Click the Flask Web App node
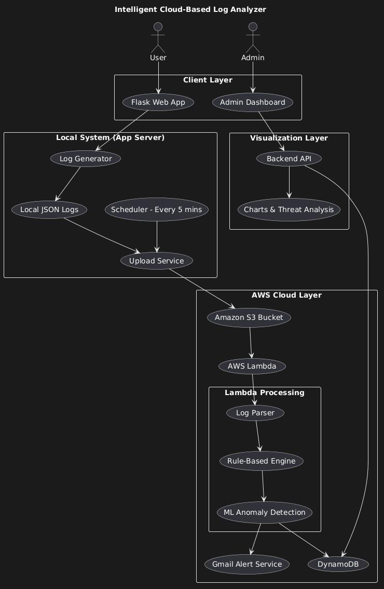(158, 102)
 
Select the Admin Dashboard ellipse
(253, 102)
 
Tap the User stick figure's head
(158, 26)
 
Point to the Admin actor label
(253, 58)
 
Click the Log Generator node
(86, 159)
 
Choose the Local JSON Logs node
(49, 209)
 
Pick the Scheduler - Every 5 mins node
(157, 209)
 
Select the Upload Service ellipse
(157, 261)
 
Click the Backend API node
(289, 159)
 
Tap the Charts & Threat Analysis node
(289, 209)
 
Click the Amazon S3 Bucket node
(249, 317)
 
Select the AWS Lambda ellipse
(252, 366)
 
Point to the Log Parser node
(255, 413)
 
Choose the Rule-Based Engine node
(262, 461)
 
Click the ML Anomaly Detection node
(265, 512)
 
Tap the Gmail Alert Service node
(247, 564)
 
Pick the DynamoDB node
(338, 564)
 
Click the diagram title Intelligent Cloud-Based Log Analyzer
(190, 9)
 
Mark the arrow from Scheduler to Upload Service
(157, 236)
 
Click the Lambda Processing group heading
(265, 392)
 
